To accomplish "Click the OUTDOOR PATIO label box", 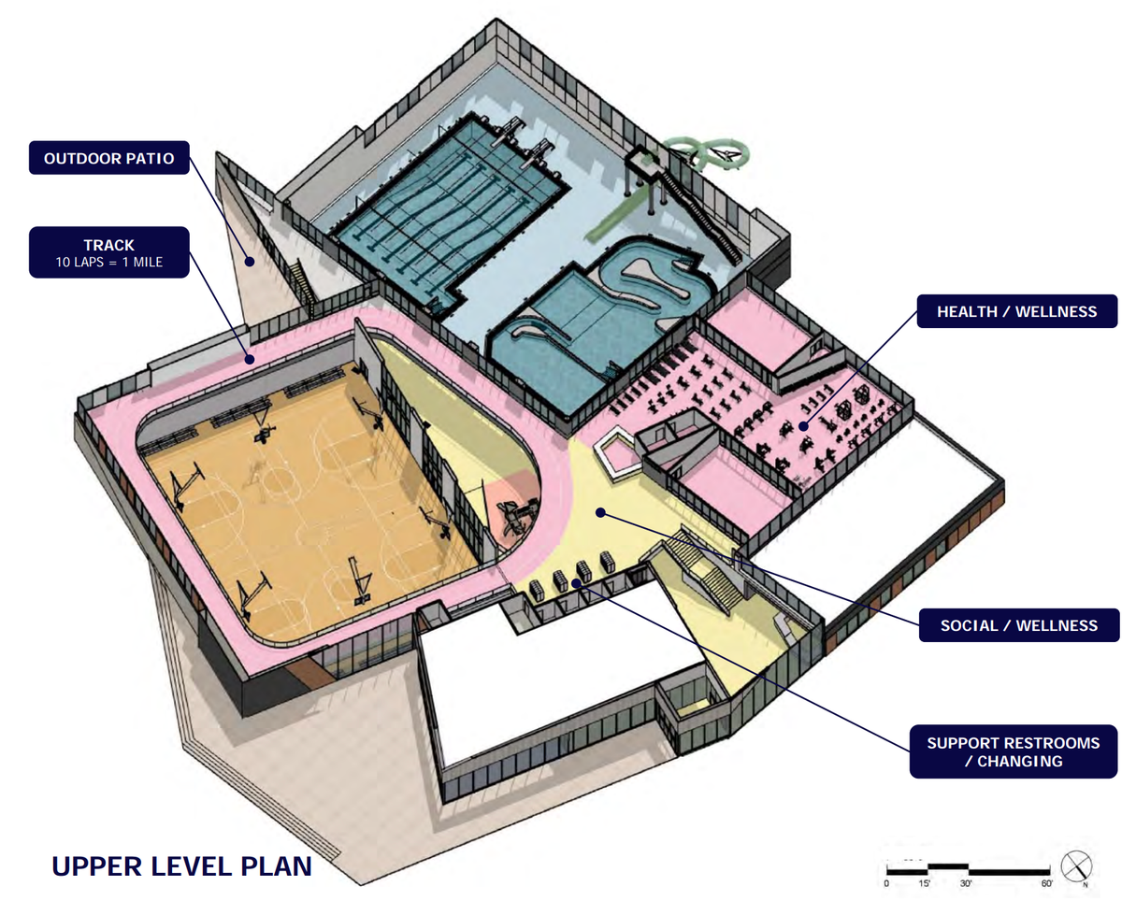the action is [x=109, y=158].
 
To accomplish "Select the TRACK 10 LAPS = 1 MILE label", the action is [x=109, y=252].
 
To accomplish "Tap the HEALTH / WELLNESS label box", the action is [x=1016, y=311].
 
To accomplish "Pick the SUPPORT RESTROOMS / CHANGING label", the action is [x=1014, y=751].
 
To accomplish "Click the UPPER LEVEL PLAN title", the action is [x=181, y=865].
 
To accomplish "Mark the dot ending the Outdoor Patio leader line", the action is [x=249, y=263].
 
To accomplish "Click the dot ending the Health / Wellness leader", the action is [x=803, y=426].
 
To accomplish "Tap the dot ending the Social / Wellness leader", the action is [x=600, y=512].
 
